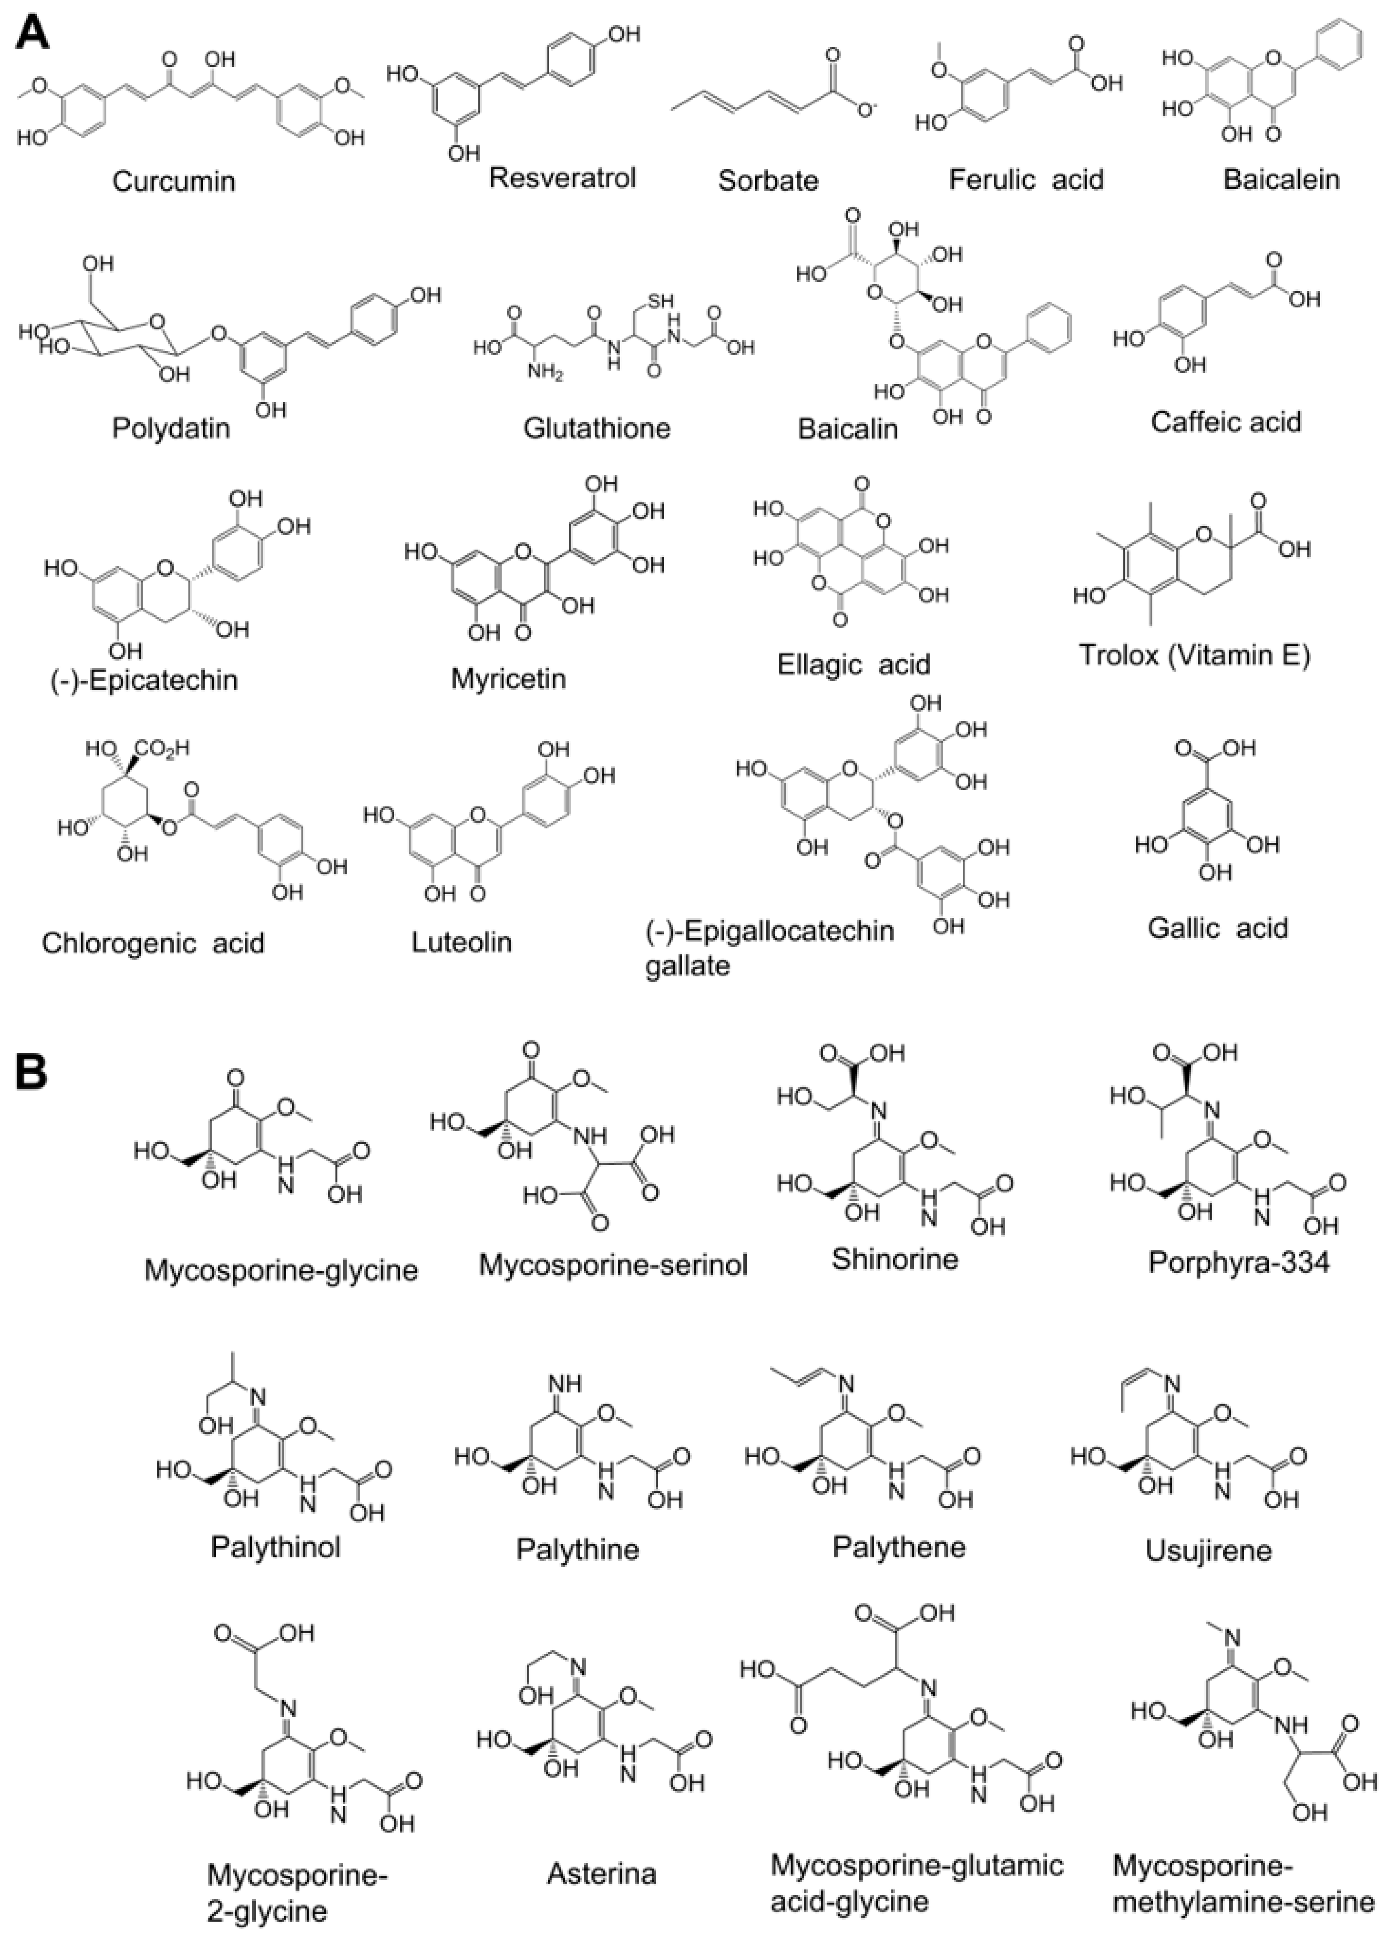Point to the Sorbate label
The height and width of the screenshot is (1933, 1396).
(x=767, y=181)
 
